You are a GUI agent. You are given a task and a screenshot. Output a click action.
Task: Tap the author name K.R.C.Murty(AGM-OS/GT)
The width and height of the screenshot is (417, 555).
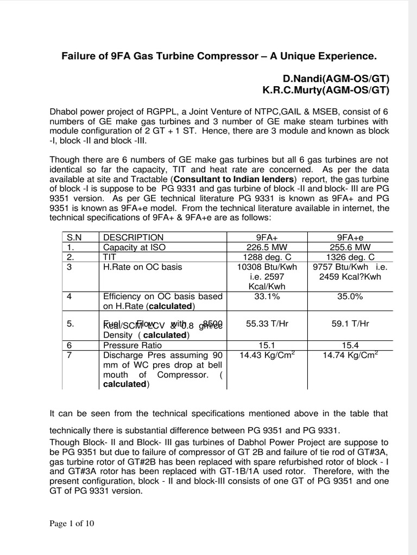point(326,90)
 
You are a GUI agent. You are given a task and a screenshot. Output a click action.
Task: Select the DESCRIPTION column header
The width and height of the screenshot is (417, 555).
point(133,237)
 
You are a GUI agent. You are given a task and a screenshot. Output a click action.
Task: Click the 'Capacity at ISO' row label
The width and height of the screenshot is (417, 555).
point(134,247)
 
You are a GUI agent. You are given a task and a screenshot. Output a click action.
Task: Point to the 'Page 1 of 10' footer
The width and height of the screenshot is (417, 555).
point(72,524)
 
